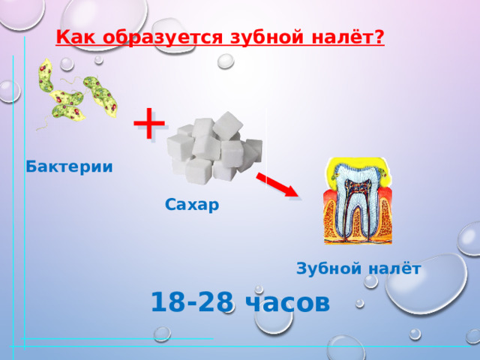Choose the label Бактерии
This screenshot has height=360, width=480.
click(x=69, y=166)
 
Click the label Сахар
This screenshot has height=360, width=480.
click(x=193, y=204)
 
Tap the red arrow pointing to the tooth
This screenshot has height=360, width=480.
click(x=277, y=184)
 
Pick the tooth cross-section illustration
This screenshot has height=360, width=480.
click(x=358, y=200)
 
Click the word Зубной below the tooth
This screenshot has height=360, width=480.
click(x=326, y=268)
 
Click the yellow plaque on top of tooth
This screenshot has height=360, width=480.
click(x=357, y=165)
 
